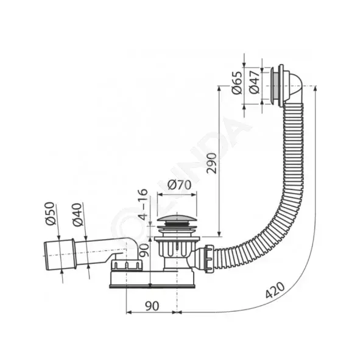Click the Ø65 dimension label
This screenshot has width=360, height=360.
coord(237,83)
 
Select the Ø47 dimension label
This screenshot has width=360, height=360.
coord(254,82)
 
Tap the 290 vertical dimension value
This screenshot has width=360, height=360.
coord(211,163)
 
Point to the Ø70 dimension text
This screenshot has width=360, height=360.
coord(179,185)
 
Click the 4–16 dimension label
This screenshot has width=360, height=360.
coord(143,204)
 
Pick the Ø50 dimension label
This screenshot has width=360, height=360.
coord(49,213)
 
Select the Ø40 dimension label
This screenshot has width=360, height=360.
coord(77,214)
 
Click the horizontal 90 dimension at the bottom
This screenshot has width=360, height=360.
coord(152,306)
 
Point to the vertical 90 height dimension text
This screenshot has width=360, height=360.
coord(144,250)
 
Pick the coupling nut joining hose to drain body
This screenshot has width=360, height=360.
coord(210,258)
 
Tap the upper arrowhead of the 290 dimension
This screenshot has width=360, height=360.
coord(220,89)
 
